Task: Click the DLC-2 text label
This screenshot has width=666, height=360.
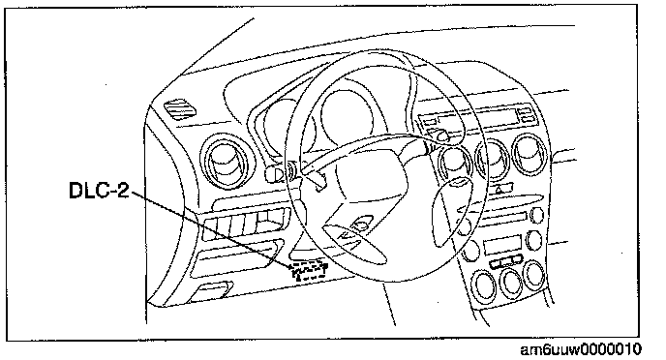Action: (x=99, y=190)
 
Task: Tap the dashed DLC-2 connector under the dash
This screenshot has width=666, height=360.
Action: (x=309, y=271)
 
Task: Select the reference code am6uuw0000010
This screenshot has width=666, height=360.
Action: (x=581, y=349)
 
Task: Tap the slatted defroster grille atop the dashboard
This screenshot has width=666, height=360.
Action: (x=180, y=108)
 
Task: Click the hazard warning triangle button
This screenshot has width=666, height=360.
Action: (x=500, y=189)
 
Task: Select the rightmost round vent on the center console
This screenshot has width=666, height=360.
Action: (x=530, y=154)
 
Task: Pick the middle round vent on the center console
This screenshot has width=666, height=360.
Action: (x=493, y=160)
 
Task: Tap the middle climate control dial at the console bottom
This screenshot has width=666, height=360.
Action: (x=511, y=283)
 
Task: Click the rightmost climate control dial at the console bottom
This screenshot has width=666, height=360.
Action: (x=534, y=275)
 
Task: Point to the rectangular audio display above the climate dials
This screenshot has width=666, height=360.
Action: (x=502, y=245)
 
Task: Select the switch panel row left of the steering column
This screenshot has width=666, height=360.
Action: (x=246, y=223)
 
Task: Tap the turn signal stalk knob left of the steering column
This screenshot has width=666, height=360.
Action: (x=274, y=173)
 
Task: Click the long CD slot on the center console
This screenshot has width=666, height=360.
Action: (x=501, y=217)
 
